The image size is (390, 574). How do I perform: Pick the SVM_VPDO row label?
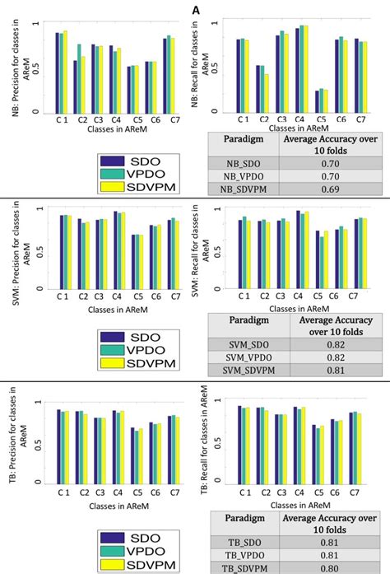245,359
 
